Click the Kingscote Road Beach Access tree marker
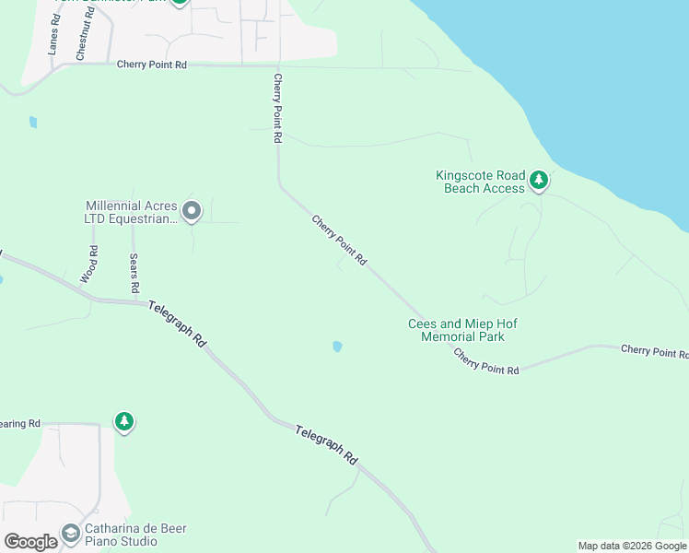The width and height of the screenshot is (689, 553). coord(539,179)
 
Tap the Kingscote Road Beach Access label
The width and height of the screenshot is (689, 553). coord(480,182)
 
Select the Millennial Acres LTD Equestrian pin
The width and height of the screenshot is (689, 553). coord(192,212)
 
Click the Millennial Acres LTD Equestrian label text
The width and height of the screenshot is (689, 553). coord(129,212)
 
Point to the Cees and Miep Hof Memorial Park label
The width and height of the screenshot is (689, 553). coord(456,330)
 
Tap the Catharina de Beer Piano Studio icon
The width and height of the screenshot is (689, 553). coord(70,533)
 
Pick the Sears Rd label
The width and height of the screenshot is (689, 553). coord(134,274)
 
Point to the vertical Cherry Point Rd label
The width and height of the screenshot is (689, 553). coord(276,110)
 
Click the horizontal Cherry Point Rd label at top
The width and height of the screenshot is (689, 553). coord(152,65)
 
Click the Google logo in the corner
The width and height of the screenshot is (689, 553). coord(30,541)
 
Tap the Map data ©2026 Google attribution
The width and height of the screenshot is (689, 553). coord(632,546)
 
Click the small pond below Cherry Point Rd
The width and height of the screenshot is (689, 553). coord(337,347)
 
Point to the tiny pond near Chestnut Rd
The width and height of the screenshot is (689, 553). coord(33,121)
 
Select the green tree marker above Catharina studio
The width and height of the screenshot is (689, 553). coord(123,421)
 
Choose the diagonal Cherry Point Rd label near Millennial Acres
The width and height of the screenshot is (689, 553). coord(339,241)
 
